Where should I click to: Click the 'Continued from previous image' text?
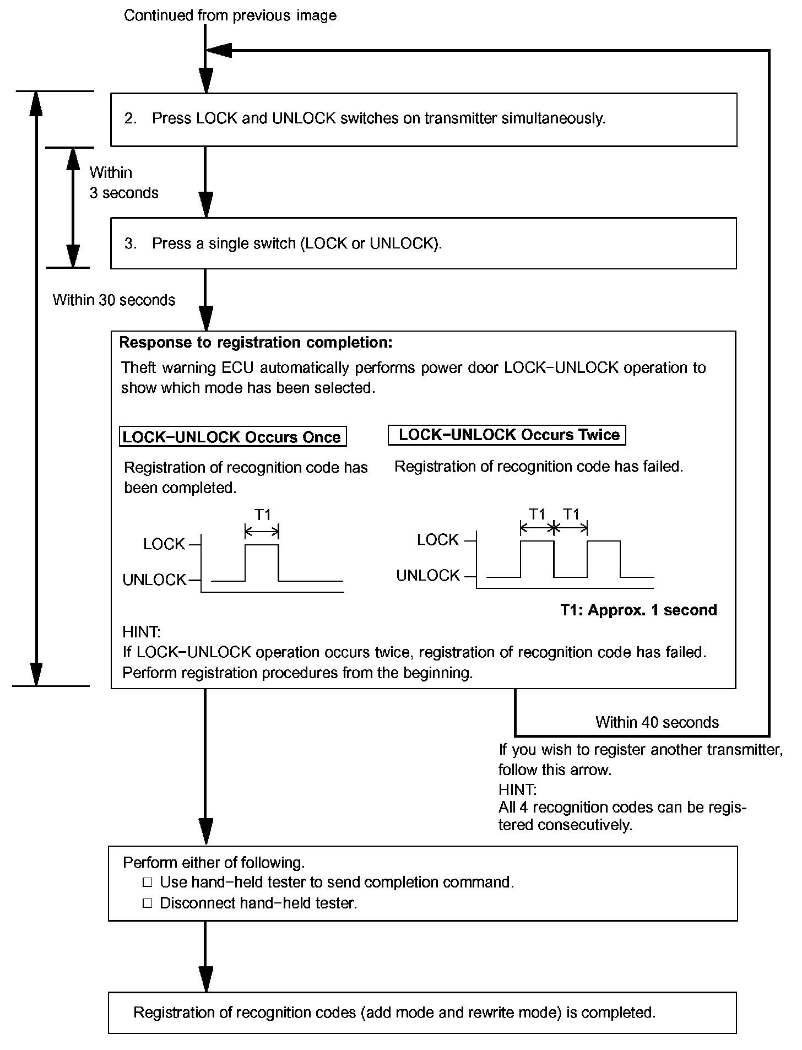coord(230,15)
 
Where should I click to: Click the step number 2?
coord(130,118)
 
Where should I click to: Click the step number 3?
coord(130,243)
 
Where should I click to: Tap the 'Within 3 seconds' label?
coord(123,182)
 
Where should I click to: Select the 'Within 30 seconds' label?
coord(114,300)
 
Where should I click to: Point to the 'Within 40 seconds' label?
coord(657,722)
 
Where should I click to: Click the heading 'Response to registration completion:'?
coord(256,343)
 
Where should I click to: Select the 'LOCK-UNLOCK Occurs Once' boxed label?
coord(232,437)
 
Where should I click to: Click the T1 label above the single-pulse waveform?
coord(263,515)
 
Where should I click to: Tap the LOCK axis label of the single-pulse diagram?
coord(164,544)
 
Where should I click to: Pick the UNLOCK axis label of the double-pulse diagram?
coord(428,576)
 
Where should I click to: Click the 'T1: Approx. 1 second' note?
coord(638,610)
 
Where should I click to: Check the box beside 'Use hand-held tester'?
coord(147,883)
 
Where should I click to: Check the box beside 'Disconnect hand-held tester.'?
coord(147,903)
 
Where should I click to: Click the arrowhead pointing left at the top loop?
coord(219,50)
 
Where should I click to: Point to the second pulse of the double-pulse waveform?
coord(604,558)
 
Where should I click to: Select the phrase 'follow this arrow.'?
coord(555,770)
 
